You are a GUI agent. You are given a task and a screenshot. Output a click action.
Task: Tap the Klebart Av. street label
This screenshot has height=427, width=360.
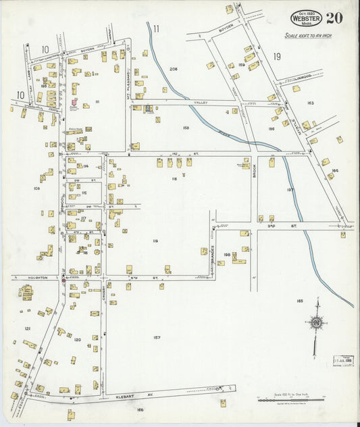click(141, 393)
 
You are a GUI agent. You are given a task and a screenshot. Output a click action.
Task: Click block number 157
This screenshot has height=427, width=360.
click(157, 337)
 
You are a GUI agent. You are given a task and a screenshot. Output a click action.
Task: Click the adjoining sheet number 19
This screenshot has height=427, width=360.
click(277, 57)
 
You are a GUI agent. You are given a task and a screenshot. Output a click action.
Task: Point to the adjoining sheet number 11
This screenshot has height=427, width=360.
click(156, 28)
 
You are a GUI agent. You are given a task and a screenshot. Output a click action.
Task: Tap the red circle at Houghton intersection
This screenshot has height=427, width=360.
click(63, 278)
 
